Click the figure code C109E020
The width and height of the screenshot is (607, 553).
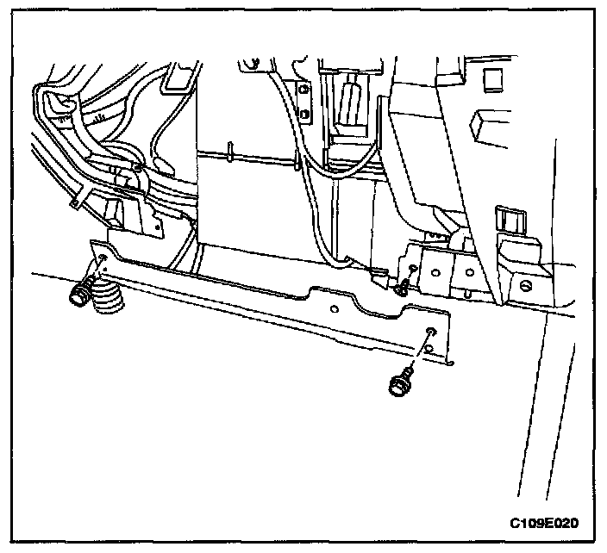coord(544,522)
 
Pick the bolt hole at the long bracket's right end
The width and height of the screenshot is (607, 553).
coord(429,332)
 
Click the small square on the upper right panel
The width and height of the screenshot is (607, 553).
coord(493,78)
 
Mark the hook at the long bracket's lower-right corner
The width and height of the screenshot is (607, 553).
coord(449,365)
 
